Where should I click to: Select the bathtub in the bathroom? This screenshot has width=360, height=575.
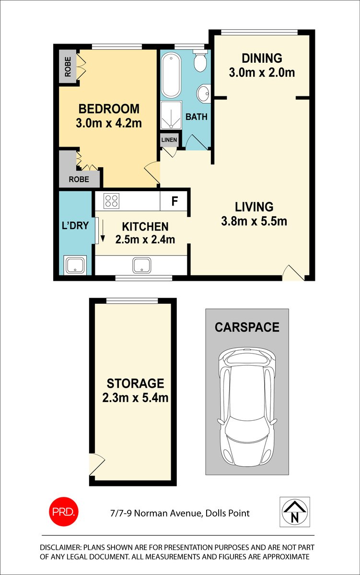[170, 76]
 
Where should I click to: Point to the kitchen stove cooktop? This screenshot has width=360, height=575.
[112, 200]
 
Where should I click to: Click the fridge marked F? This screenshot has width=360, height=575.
[175, 201]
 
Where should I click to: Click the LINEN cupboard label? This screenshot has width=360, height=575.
[169, 140]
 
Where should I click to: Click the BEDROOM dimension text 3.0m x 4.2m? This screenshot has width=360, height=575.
[109, 123]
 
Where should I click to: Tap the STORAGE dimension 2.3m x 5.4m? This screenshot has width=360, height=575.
[135, 398]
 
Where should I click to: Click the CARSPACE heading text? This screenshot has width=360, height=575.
[247, 327]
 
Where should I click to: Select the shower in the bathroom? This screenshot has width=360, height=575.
[171, 115]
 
